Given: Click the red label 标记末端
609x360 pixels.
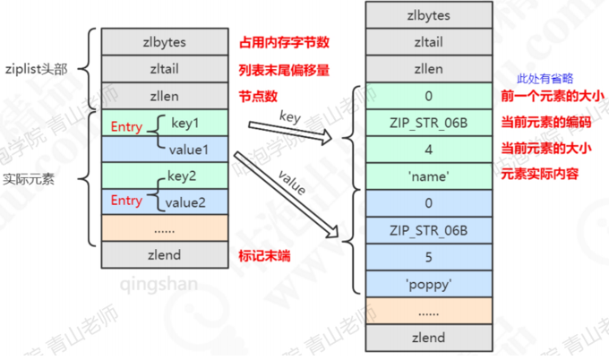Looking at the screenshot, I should (264, 256).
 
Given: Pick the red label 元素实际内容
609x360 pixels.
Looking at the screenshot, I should (540, 174).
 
